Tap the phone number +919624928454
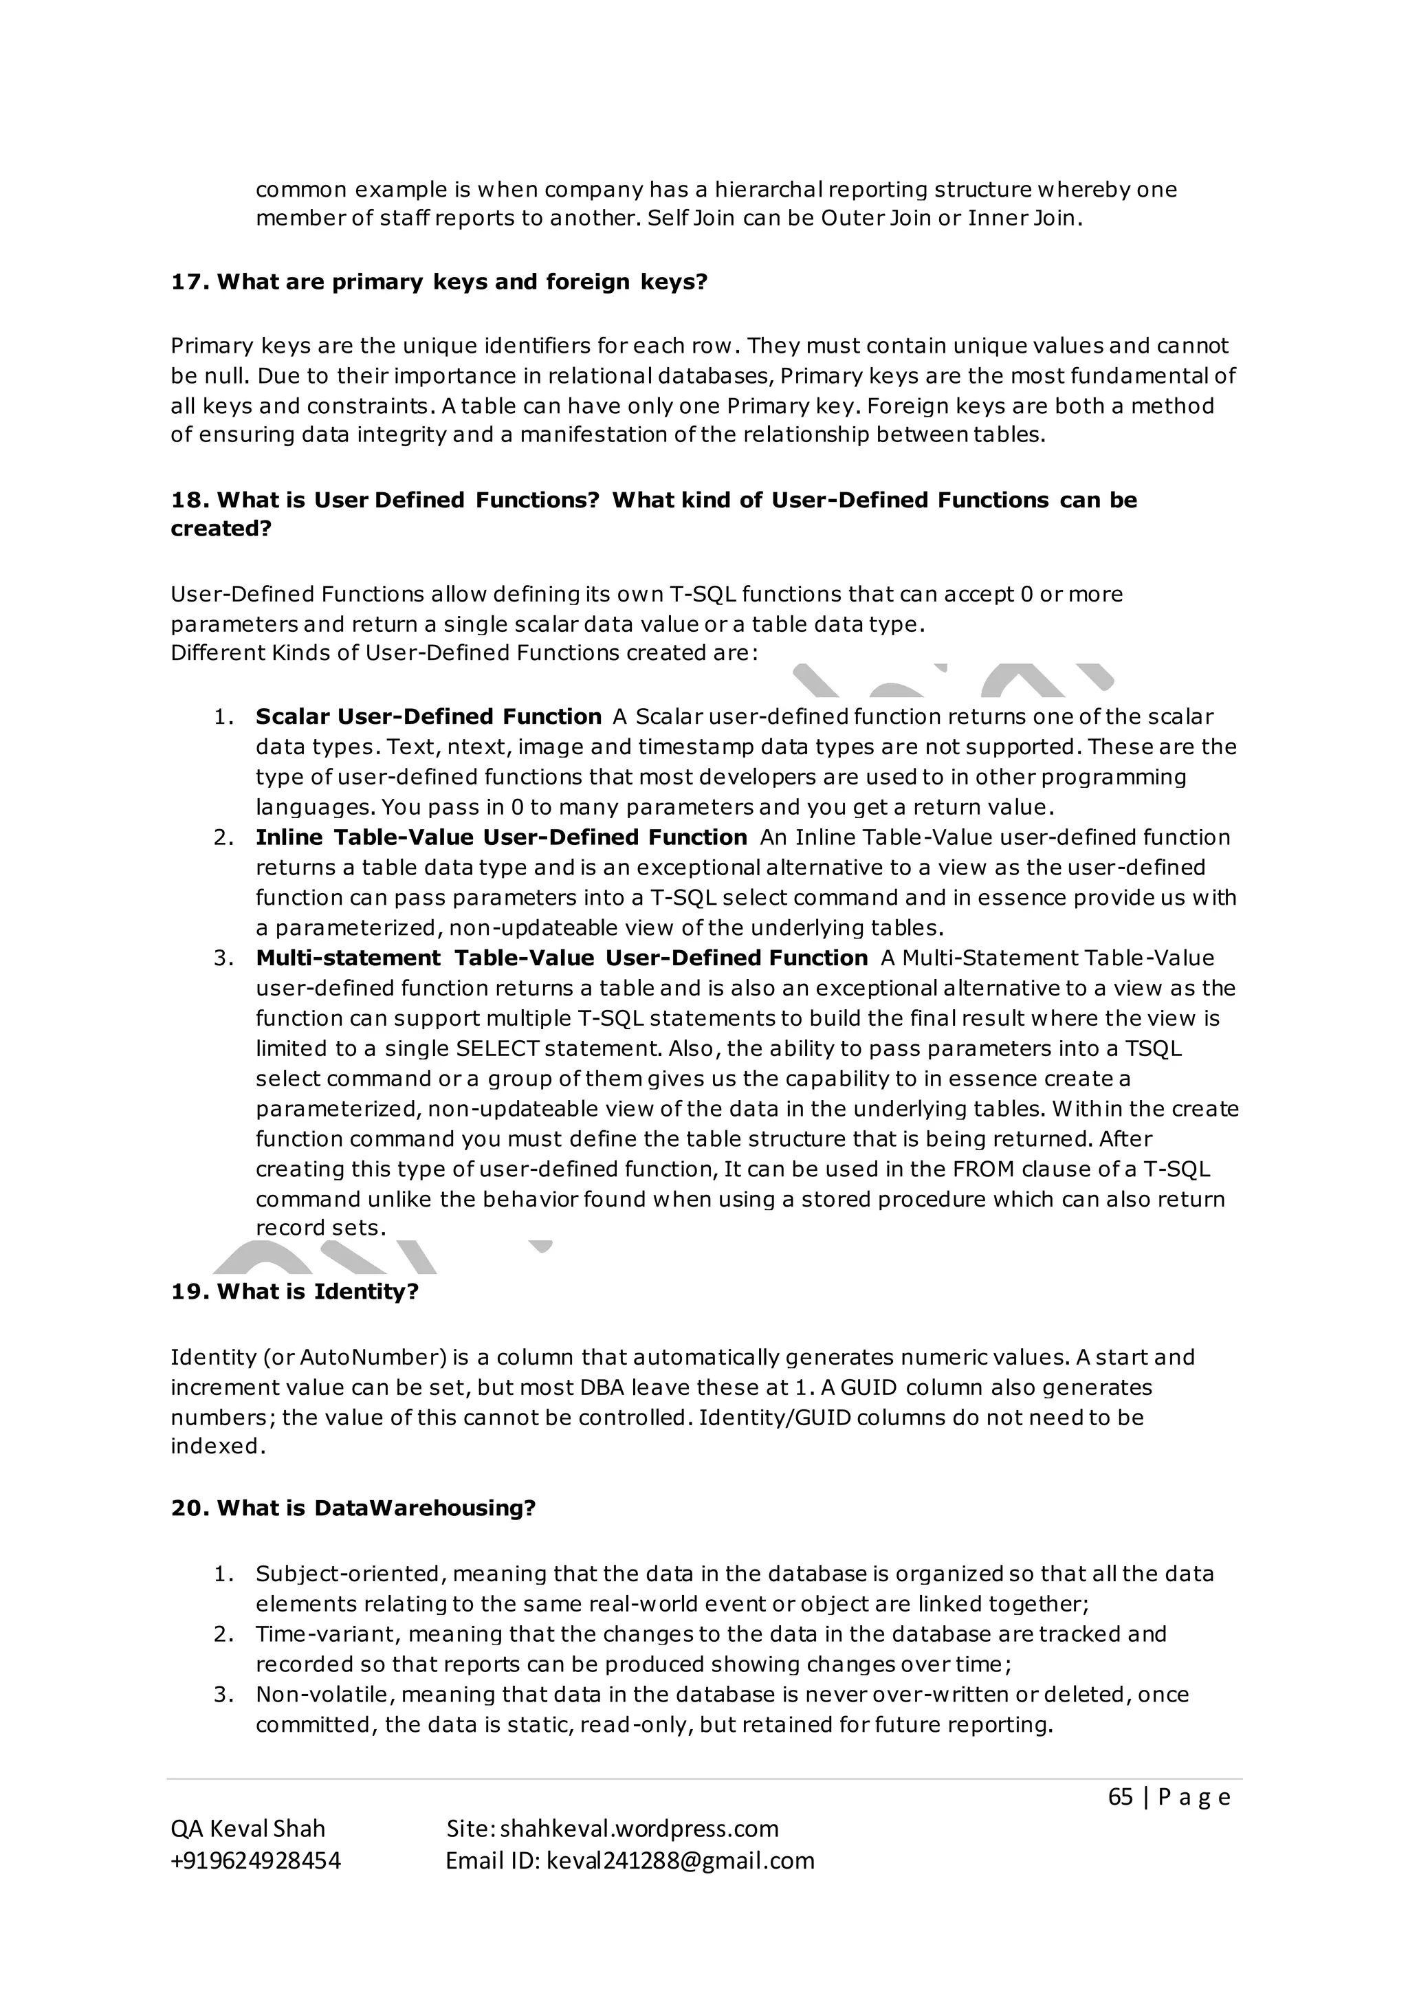click(256, 1860)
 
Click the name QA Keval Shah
click(248, 1828)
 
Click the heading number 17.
click(186, 282)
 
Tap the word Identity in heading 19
click(365, 1291)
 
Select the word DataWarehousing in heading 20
click(425, 1508)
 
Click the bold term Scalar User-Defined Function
click(428, 716)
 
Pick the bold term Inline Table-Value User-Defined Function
click(501, 837)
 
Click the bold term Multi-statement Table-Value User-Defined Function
click(561, 958)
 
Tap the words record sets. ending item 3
click(320, 1228)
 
